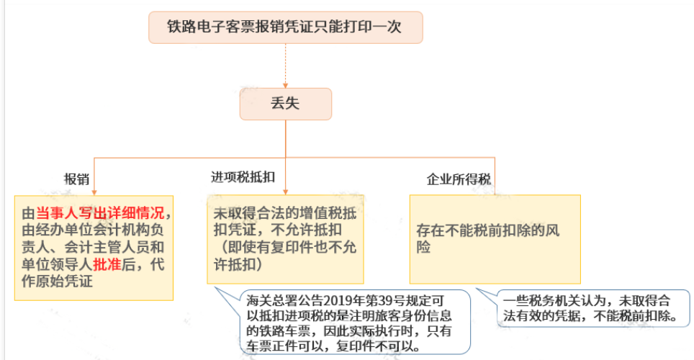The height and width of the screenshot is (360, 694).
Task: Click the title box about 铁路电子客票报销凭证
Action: tap(285, 28)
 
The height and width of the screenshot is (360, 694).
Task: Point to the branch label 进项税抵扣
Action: tap(243, 177)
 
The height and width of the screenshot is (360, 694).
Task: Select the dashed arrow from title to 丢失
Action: tap(286, 66)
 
